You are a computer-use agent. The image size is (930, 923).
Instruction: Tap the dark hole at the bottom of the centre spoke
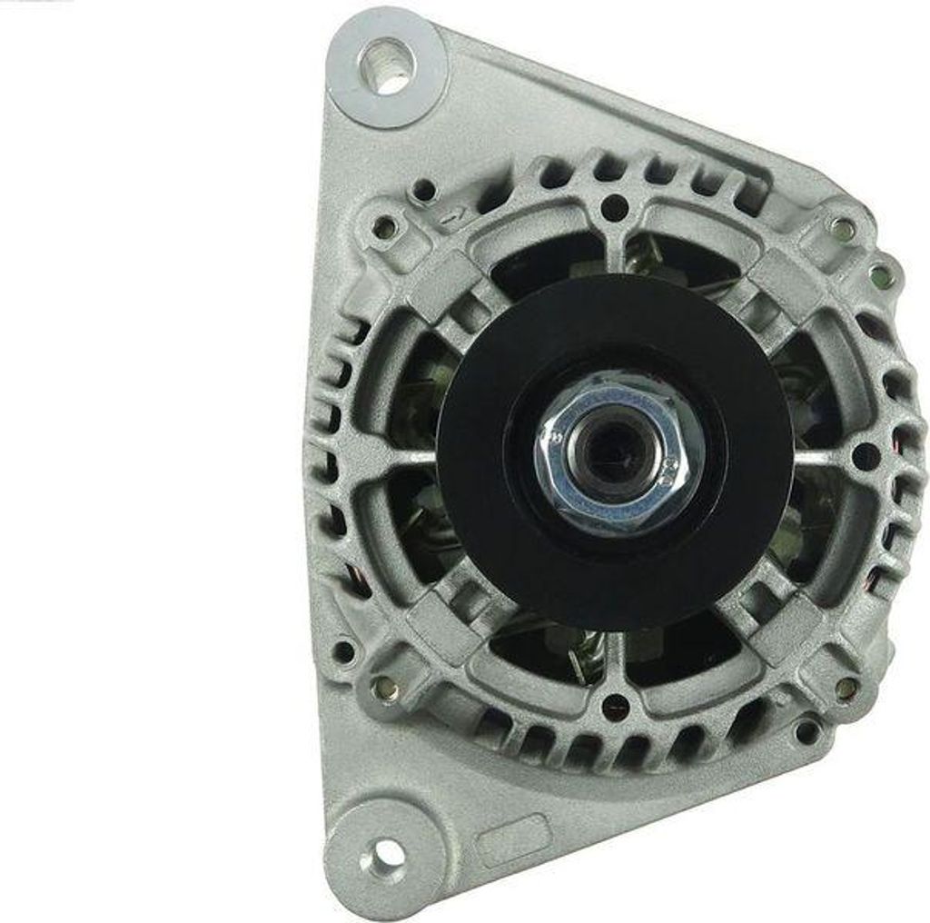pos(615,702)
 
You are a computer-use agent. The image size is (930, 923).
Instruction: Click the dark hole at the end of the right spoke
pos(865,454)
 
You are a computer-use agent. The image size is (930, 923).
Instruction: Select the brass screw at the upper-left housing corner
pos(385,226)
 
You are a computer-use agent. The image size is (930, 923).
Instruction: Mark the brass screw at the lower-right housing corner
pos(846,688)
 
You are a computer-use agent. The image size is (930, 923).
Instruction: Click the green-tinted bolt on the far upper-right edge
pos(877,272)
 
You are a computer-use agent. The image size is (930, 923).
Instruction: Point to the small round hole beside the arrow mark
pos(422,191)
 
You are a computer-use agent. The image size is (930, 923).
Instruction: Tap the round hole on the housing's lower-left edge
pos(344,650)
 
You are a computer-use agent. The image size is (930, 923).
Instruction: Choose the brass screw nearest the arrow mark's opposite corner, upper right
pos(842,227)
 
